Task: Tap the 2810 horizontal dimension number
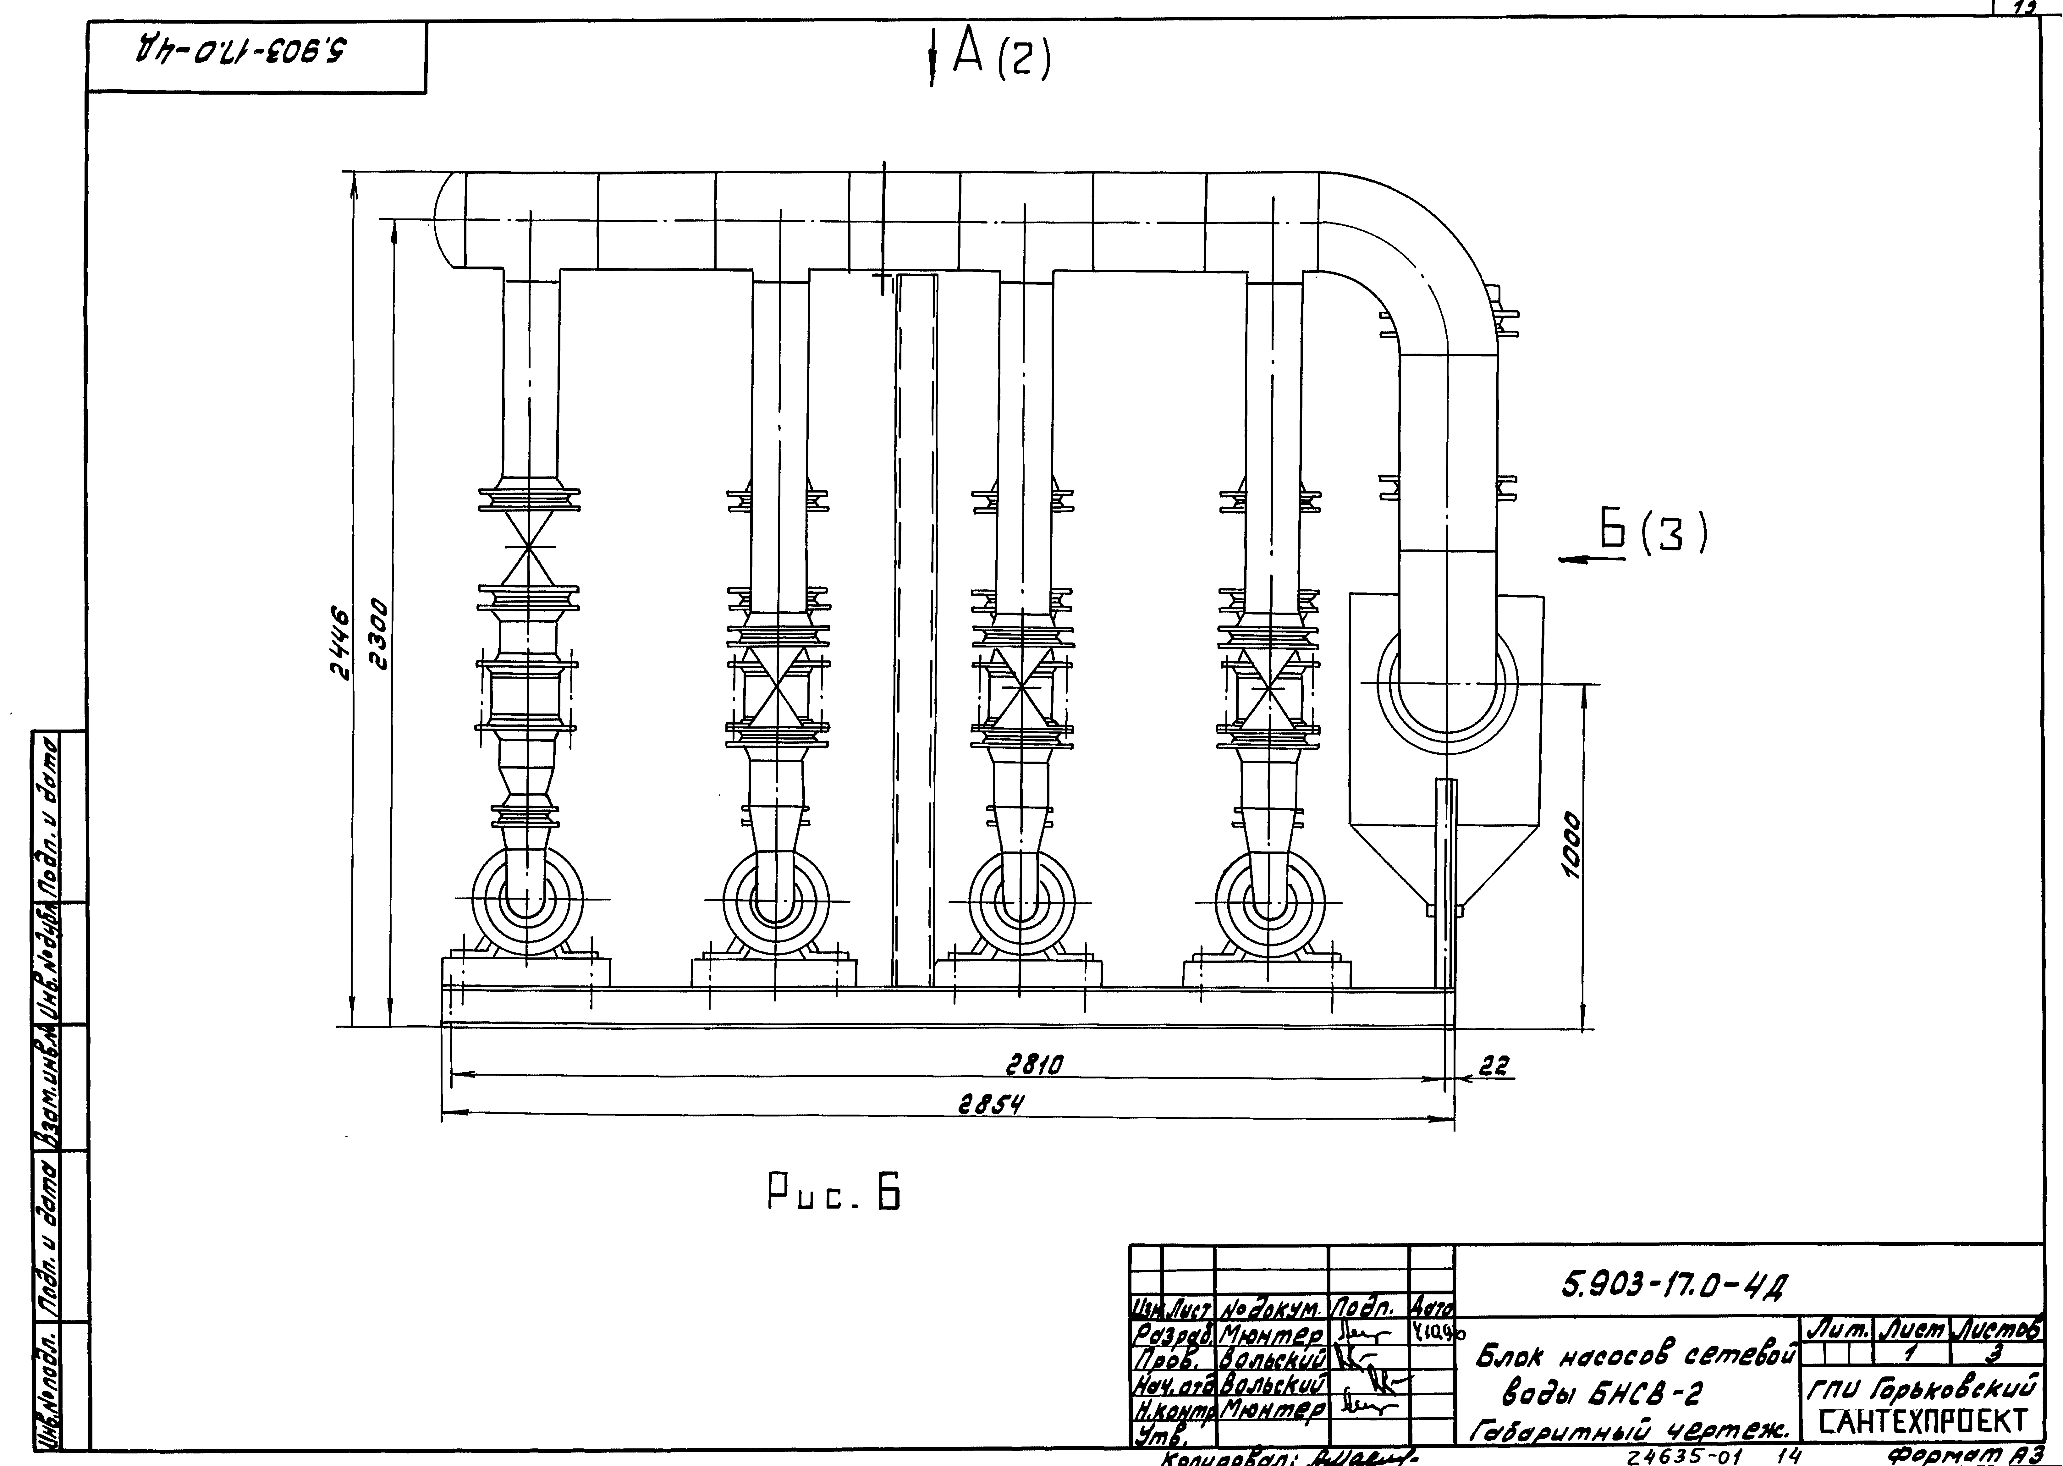point(1035,1066)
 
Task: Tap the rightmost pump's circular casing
point(1269,900)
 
